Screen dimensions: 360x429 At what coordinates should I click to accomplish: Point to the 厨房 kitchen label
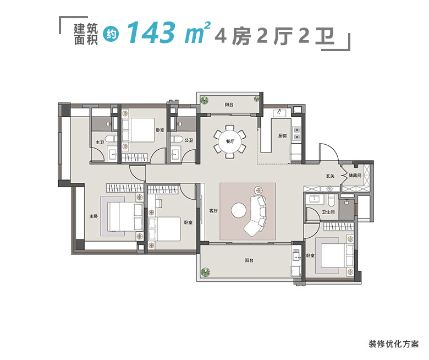(283, 136)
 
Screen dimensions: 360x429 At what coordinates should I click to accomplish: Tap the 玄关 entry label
(330, 177)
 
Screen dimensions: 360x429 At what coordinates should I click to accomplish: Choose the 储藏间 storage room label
(355, 176)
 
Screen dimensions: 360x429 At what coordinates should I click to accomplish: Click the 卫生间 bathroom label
(329, 212)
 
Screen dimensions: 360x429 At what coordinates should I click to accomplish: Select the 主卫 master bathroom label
(100, 143)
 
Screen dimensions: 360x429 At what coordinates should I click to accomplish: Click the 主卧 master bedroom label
(94, 216)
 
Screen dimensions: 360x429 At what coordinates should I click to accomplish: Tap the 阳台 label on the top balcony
(229, 105)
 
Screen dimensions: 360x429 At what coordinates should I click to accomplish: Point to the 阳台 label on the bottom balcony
(249, 260)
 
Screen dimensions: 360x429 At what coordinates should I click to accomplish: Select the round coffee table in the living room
(240, 211)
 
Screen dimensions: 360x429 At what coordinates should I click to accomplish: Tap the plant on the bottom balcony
(206, 272)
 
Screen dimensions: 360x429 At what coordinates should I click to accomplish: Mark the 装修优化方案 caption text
(393, 344)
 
